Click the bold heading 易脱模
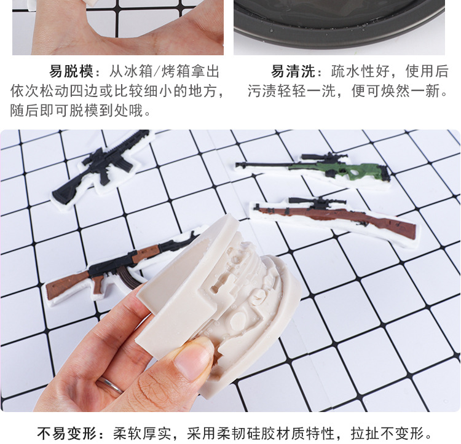[x=71, y=71]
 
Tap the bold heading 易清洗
[x=293, y=71]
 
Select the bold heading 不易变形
[x=67, y=433]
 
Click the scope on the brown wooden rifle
[x=317, y=201]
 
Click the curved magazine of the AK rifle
[x=129, y=278]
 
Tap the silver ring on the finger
[x=110, y=384]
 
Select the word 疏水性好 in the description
[x=360, y=71]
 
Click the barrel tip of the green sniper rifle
[x=237, y=164]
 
